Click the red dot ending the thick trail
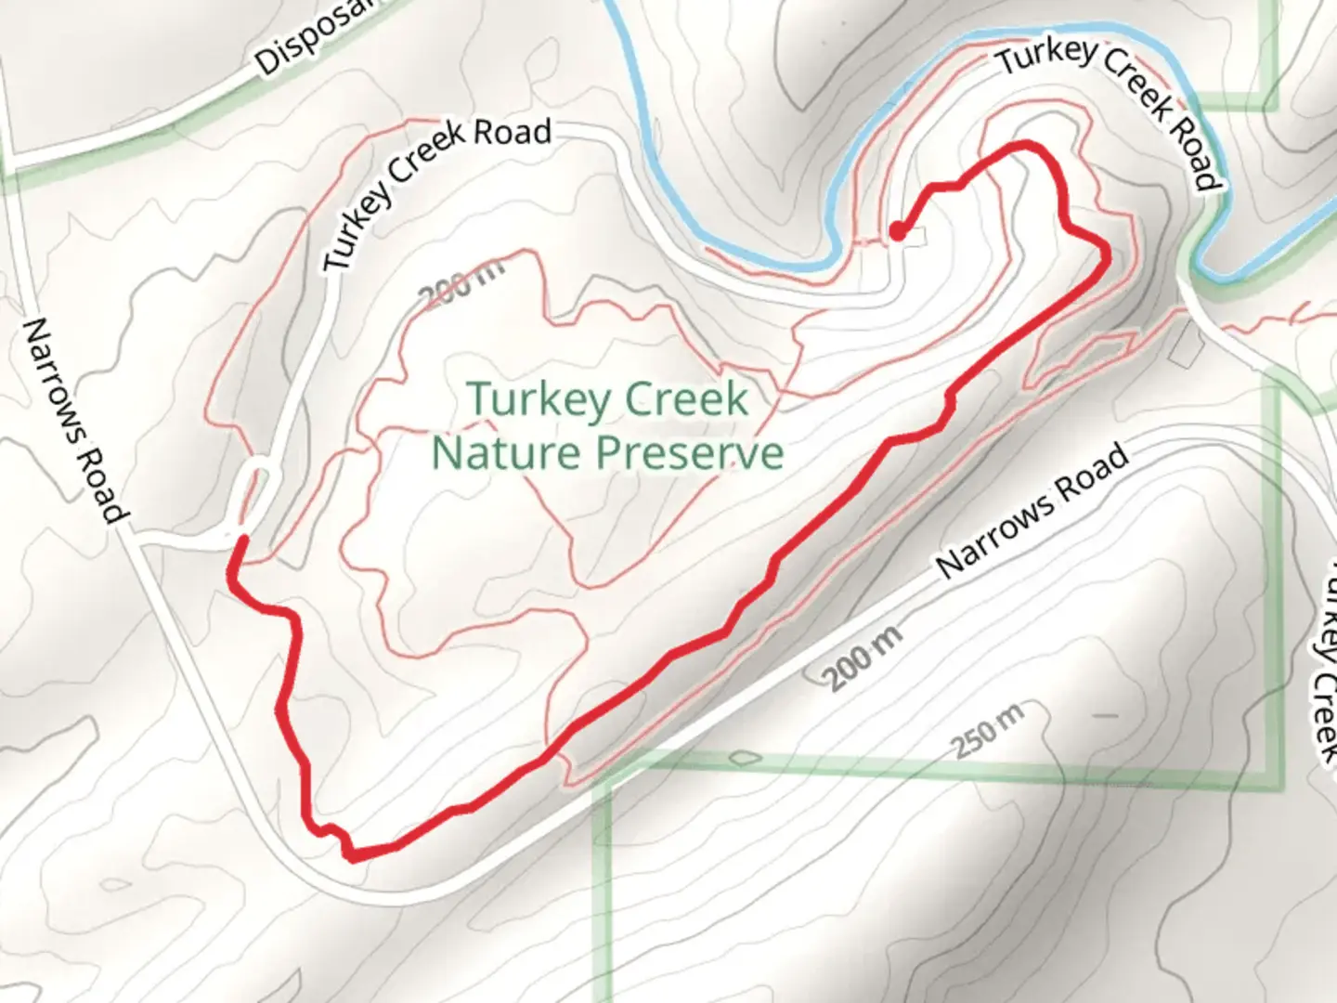pos(897,230)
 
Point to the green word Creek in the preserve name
pos(688,399)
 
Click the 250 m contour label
pos(987,732)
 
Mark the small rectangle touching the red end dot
pos(915,237)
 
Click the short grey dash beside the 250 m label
pos(1105,716)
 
